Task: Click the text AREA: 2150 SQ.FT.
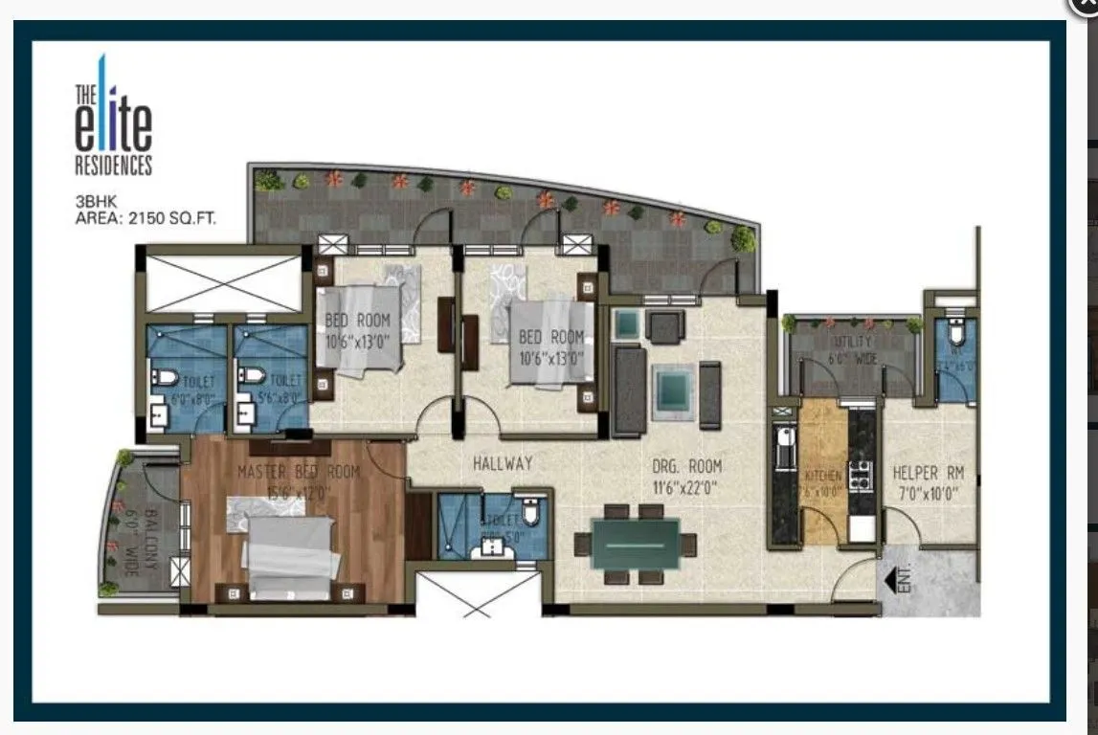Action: click(x=146, y=218)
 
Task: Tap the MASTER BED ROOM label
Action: click(x=298, y=472)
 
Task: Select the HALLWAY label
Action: click(x=503, y=463)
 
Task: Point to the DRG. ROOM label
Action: click(x=686, y=467)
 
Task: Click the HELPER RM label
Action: click(x=928, y=473)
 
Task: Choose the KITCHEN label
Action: click(x=822, y=476)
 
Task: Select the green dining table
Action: click(x=636, y=545)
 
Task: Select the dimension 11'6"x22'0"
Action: click(x=686, y=486)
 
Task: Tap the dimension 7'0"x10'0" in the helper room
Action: click(x=928, y=492)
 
